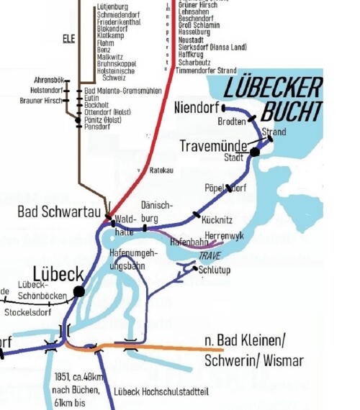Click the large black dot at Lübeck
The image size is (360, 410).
(78, 291)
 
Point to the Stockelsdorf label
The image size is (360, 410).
(30, 314)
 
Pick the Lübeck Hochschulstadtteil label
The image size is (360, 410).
(162, 393)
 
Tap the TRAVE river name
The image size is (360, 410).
(210, 256)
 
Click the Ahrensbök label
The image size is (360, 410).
(50, 79)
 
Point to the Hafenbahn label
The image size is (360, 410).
(189, 243)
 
